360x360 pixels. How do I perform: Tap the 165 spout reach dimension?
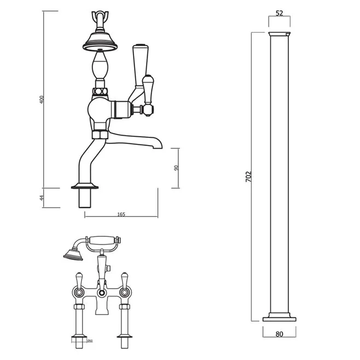click(121, 214)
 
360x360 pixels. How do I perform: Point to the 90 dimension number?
click(176, 168)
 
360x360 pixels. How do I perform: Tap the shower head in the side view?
click(101, 39)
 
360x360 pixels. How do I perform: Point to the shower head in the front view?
click(71, 253)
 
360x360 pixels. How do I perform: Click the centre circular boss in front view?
click(102, 293)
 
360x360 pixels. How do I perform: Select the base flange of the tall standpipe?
click(279, 317)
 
